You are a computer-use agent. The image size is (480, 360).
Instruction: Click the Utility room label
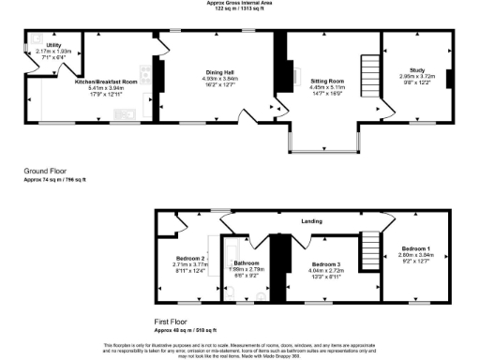54,44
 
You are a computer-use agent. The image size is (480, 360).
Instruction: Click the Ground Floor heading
44,171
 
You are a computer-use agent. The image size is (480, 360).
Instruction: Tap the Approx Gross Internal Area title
240,3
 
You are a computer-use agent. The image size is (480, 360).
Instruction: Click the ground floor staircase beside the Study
368,69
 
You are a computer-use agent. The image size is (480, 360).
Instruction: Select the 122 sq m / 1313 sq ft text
240,8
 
